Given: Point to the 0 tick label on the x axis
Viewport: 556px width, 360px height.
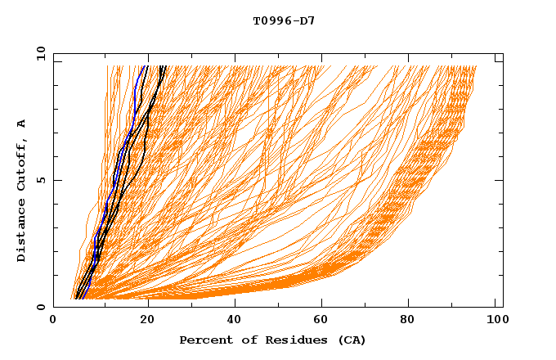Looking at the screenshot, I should [53, 322].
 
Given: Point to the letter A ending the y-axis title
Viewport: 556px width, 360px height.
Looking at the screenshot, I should [22, 124].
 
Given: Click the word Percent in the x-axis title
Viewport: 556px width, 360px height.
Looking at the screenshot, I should [203, 340].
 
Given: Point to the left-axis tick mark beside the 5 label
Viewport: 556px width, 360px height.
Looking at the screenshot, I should [57, 180].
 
